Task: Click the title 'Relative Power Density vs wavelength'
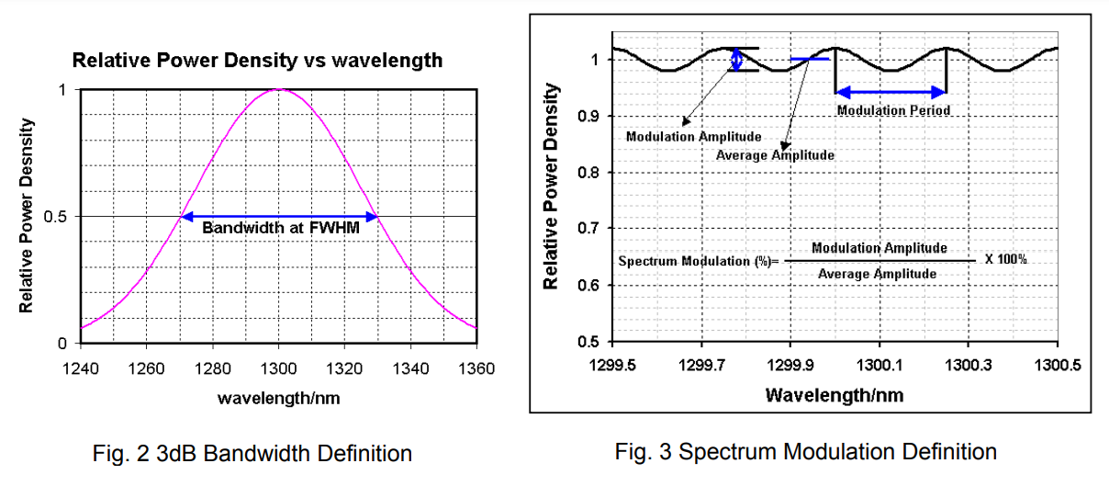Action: [x=257, y=62]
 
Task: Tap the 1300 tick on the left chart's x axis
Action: [x=279, y=368]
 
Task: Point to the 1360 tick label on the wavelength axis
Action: [x=476, y=368]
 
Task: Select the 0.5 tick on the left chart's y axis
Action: [x=61, y=217]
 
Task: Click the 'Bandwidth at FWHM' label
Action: [x=281, y=228]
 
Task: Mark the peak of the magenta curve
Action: [x=279, y=89]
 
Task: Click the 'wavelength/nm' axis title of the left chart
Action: [x=279, y=398]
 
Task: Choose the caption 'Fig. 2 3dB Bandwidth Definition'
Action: [x=253, y=453]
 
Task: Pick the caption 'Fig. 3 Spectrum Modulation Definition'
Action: [x=806, y=451]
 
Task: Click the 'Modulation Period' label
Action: [x=892, y=110]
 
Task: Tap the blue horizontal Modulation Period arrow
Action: [x=891, y=92]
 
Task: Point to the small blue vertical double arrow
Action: [x=736, y=60]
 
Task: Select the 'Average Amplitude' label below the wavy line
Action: [x=775, y=155]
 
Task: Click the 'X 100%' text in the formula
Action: [x=1006, y=260]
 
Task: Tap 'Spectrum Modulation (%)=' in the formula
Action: [x=699, y=261]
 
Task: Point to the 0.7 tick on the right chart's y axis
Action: [x=588, y=228]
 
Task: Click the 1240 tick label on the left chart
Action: [x=81, y=368]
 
